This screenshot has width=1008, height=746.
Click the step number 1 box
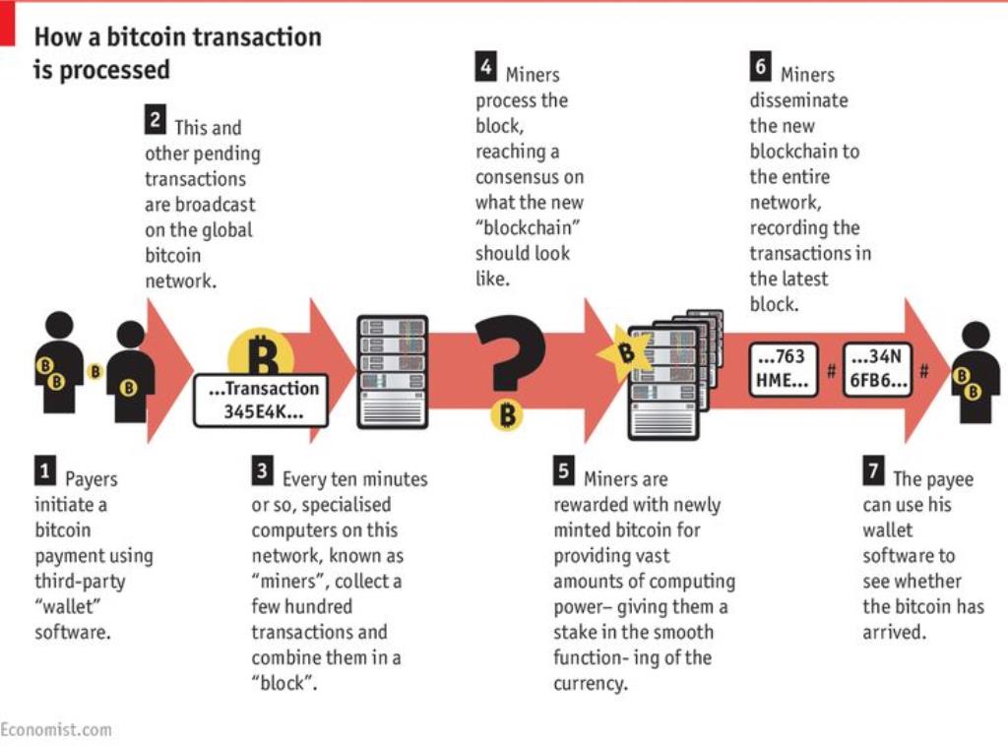(x=45, y=471)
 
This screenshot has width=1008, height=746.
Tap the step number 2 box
(x=156, y=119)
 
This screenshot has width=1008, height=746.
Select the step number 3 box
(x=262, y=471)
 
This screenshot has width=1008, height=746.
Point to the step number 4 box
(x=486, y=67)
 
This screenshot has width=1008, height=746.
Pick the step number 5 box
(x=564, y=471)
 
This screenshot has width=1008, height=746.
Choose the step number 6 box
(x=761, y=67)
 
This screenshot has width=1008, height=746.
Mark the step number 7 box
(x=874, y=471)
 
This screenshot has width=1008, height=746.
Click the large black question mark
(x=512, y=352)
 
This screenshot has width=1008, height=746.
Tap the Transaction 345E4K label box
(x=261, y=401)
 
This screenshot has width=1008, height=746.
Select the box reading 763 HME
(x=783, y=369)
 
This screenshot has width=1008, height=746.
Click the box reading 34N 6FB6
(x=877, y=369)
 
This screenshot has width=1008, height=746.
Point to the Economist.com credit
(x=56, y=730)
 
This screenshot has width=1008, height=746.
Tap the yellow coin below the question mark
(x=507, y=414)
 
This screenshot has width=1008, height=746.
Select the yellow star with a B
(x=622, y=352)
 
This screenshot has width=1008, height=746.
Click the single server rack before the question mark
(x=392, y=371)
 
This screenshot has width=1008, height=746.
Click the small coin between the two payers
(x=95, y=371)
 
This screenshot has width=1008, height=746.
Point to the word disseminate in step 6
(x=798, y=100)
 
